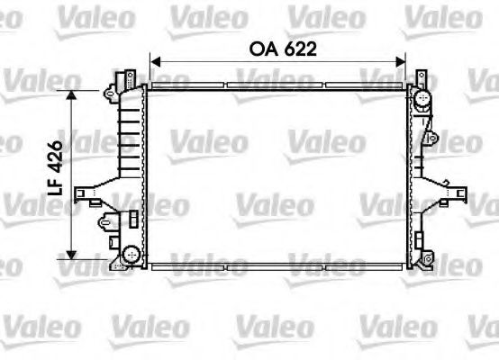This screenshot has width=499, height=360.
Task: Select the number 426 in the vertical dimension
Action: (53, 156)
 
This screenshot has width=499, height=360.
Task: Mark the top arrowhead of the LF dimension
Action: (73, 94)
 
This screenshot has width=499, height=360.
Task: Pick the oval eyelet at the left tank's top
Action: (109, 93)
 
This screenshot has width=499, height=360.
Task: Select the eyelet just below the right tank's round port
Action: (432, 138)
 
